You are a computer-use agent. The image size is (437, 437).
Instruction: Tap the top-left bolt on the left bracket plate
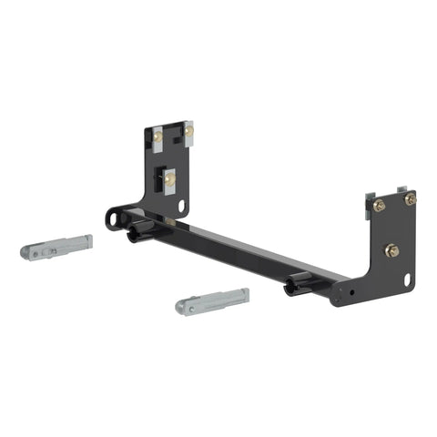click(x=158, y=137)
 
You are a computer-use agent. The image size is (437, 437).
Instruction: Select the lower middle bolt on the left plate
click(x=169, y=179)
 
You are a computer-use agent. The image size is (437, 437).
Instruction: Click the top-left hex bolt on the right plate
click(x=380, y=205)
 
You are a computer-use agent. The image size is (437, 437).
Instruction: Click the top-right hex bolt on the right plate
click(x=410, y=198)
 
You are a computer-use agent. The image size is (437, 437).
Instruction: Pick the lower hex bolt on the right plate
click(x=392, y=249)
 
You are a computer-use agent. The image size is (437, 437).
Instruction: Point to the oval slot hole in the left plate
click(x=183, y=207)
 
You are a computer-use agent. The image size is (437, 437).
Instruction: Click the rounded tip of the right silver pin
click(x=182, y=306)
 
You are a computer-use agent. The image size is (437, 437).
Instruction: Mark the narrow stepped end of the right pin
click(x=239, y=295)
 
